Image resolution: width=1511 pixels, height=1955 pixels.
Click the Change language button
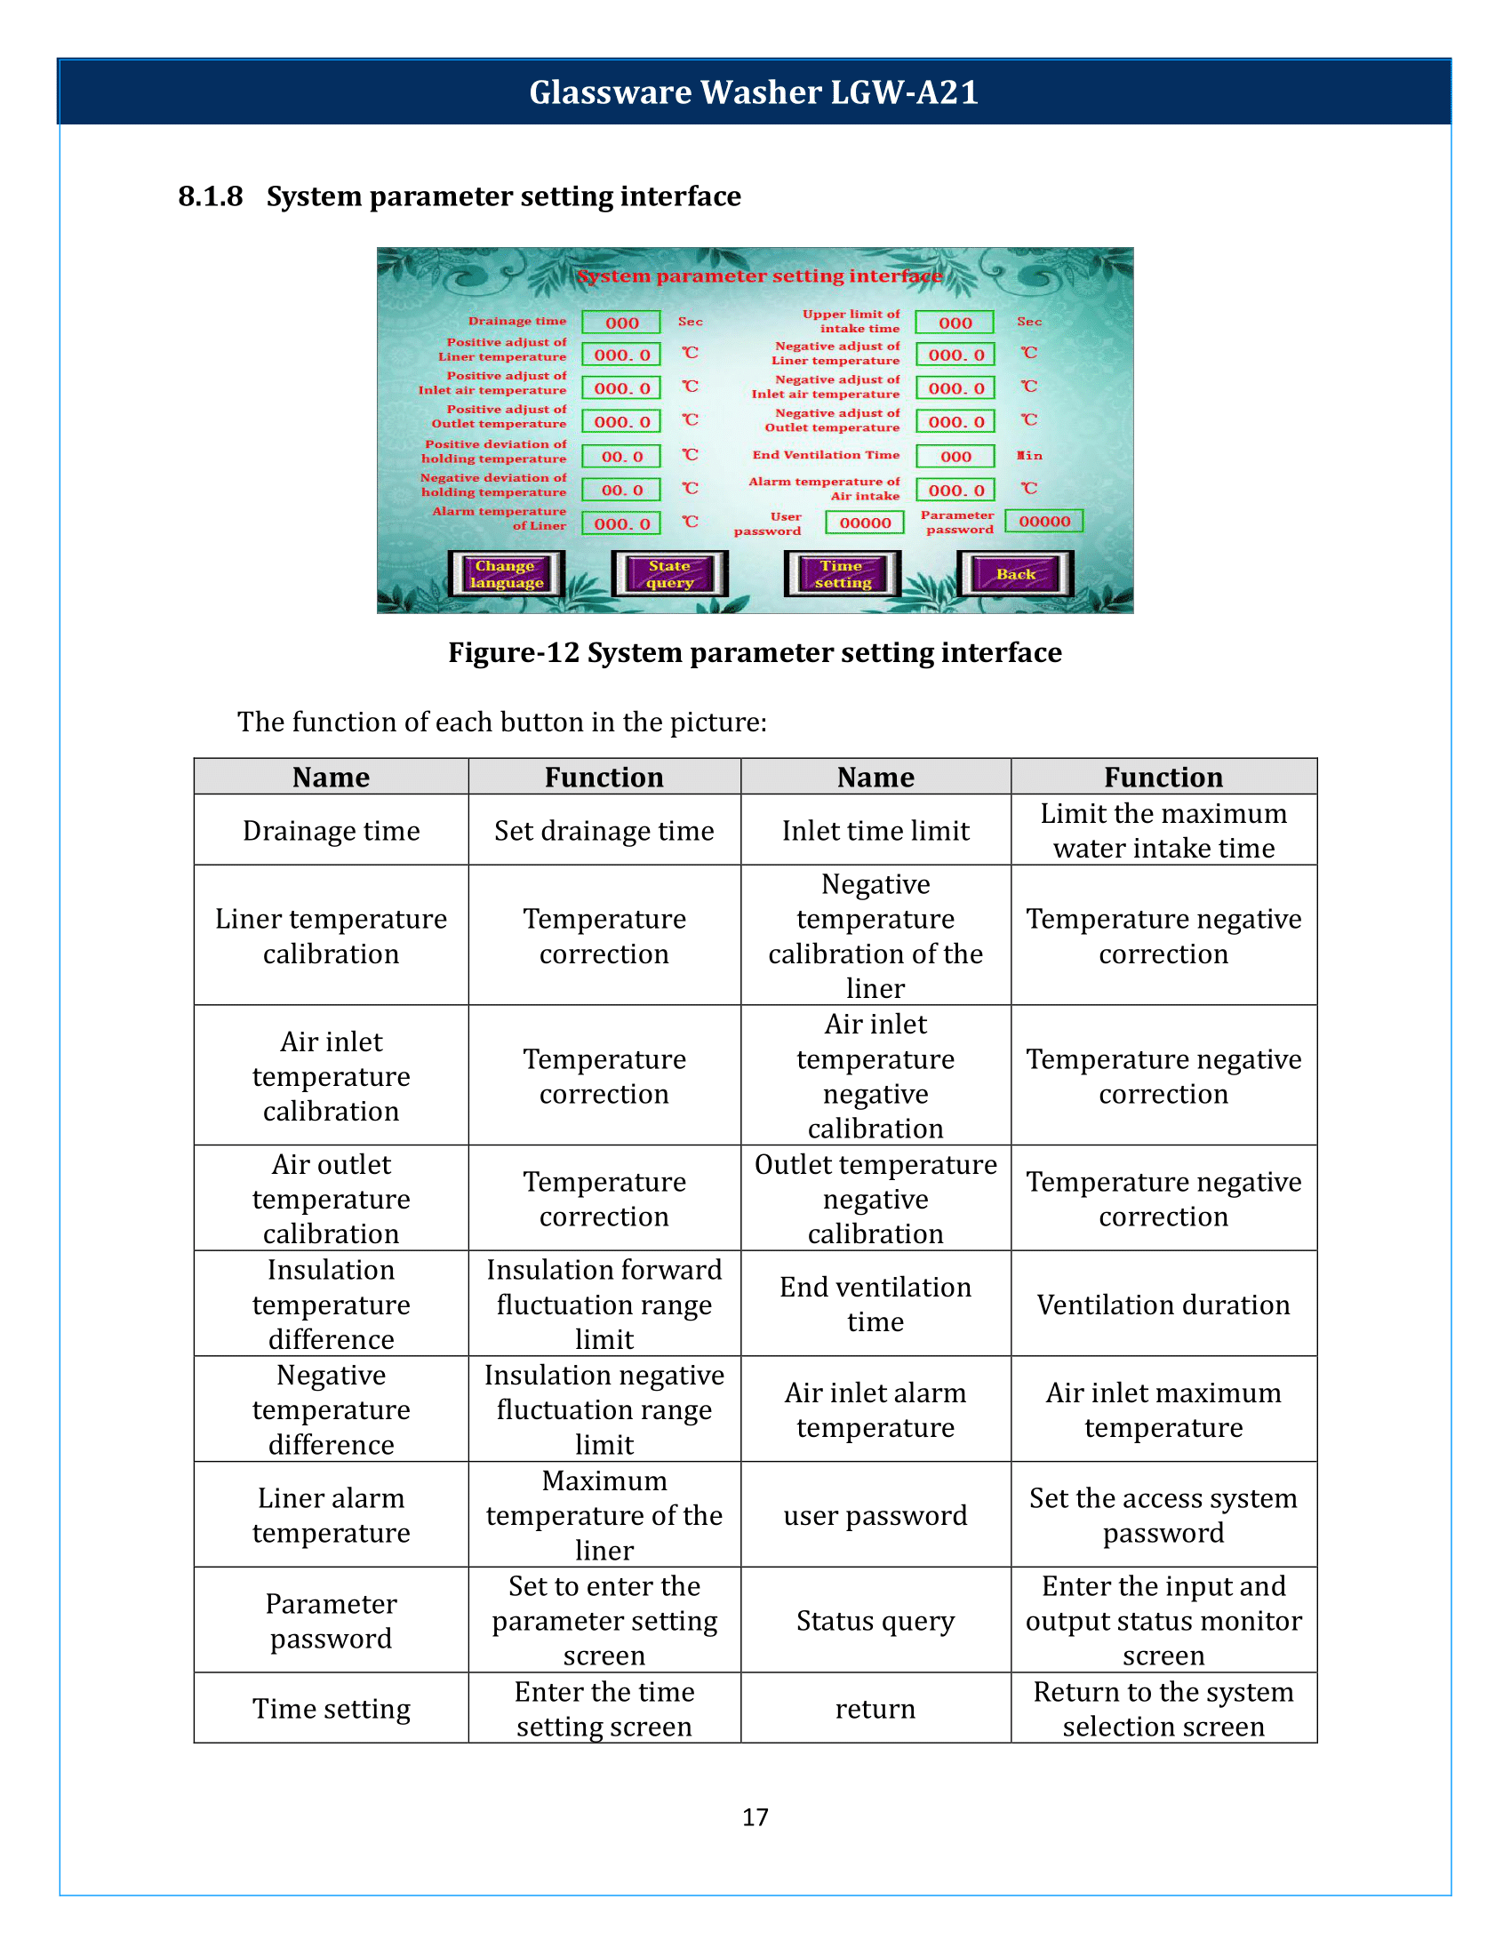[507, 574]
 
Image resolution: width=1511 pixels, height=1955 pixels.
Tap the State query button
[669, 574]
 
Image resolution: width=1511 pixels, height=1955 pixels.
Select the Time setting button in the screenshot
[843, 574]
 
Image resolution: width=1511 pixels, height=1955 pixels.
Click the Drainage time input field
[621, 323]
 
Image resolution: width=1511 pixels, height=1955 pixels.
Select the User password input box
[865, 523]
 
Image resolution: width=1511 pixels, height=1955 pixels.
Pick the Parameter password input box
[1043, 521]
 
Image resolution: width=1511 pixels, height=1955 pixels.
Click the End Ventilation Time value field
[955, 457]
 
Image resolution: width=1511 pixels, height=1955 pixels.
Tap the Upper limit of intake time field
[955, 323]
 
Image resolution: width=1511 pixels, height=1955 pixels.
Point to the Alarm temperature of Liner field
[621, 523]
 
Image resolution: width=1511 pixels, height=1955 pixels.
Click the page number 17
[755, 1816]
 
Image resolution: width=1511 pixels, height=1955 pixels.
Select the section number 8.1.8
[211, 196]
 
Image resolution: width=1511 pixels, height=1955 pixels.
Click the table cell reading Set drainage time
[604, 831]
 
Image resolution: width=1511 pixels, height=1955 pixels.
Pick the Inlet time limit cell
[875, 831]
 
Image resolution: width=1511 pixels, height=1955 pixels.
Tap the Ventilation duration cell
[1163, 1305]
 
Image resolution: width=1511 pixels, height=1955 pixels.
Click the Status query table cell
[875, 1620]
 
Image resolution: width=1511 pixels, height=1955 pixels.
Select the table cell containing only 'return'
[875, 1709]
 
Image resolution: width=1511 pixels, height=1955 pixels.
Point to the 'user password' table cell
[875, 1514]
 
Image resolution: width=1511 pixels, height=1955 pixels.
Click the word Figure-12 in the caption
[514, 652]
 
